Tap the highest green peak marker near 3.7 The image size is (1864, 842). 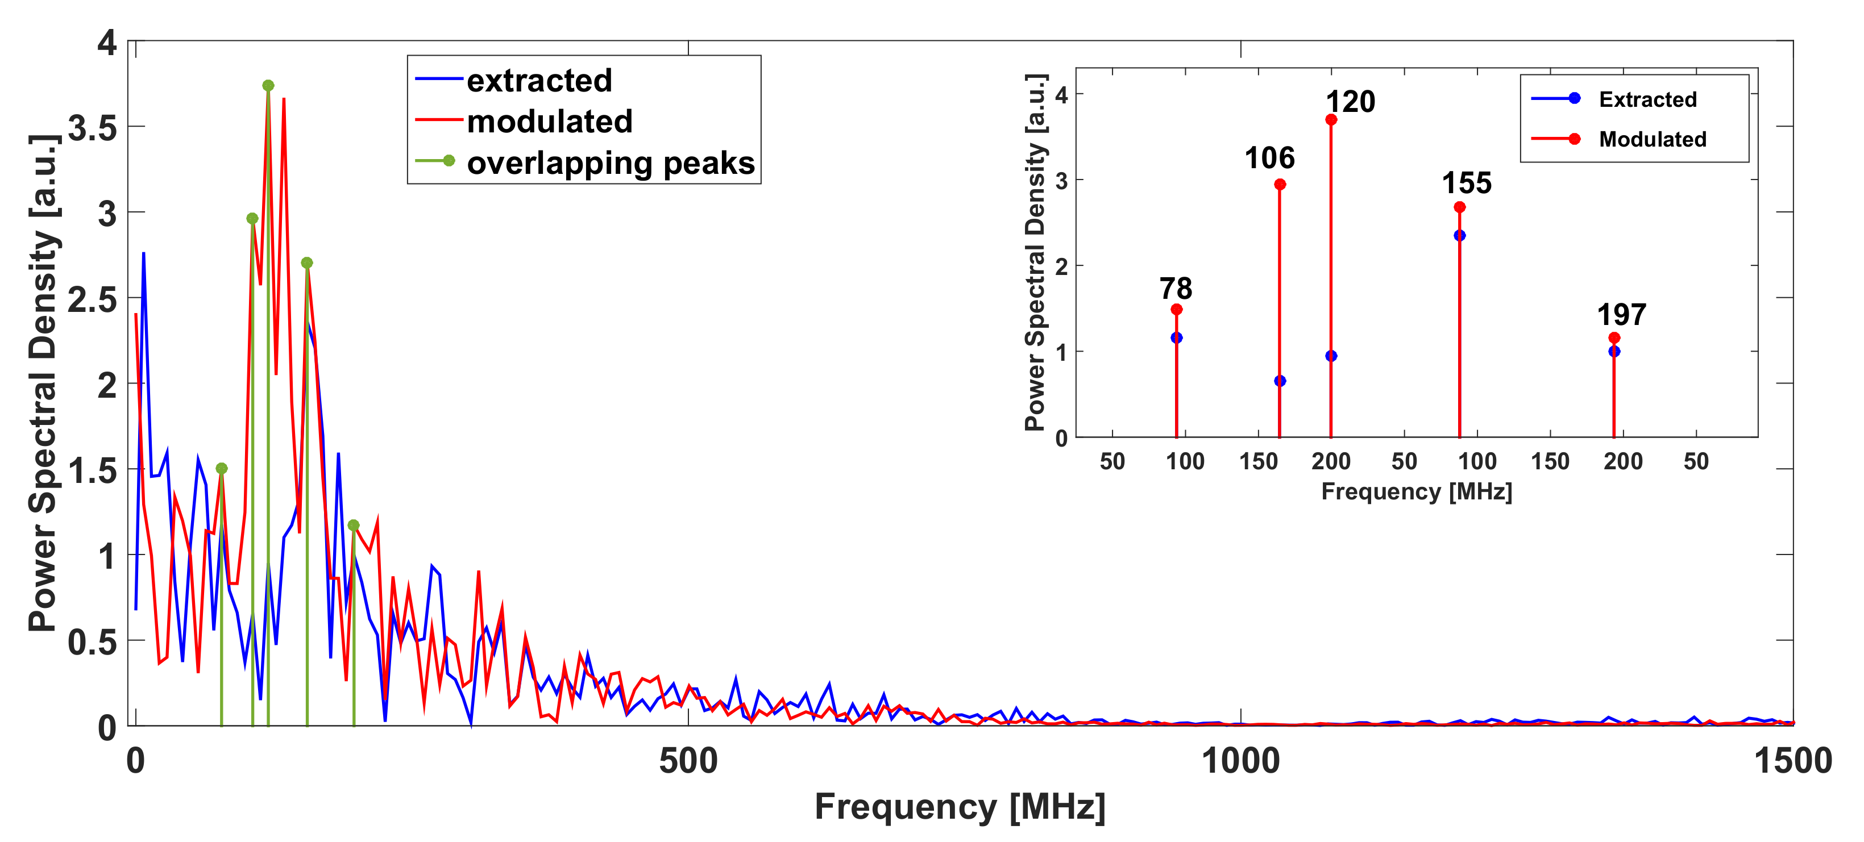(268, 85)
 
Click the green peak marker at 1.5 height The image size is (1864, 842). (222, 468)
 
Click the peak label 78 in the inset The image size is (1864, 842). (1175, 288)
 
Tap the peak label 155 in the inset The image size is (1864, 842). (1466, 183)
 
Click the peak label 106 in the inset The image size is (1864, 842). (1269, 158)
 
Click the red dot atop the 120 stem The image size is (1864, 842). (1331, 119)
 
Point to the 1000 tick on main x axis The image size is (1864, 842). (1240, 761)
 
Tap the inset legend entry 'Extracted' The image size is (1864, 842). (1647, 99)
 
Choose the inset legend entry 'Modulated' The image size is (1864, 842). (1652, 139)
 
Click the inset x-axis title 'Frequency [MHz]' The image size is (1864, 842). (1416, 492)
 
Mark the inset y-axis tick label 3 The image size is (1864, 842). (1061, 180)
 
